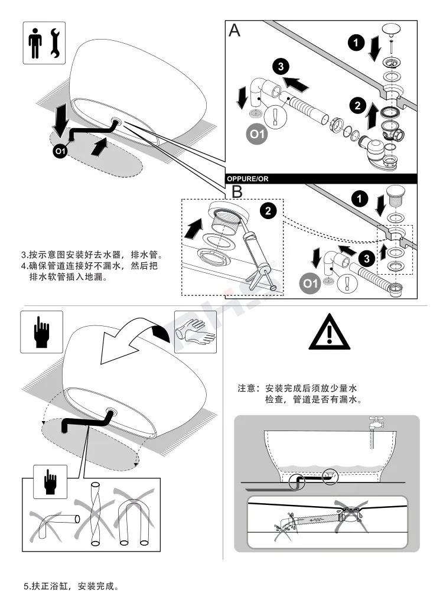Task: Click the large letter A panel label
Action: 234,31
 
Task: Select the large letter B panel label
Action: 237,192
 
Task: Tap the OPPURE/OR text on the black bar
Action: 248,178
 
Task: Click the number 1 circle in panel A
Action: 355,42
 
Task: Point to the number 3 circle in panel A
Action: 280,67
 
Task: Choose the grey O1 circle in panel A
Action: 256,133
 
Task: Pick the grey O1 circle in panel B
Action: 310,284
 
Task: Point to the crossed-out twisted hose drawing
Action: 95,513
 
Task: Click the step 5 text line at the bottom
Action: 71,586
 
